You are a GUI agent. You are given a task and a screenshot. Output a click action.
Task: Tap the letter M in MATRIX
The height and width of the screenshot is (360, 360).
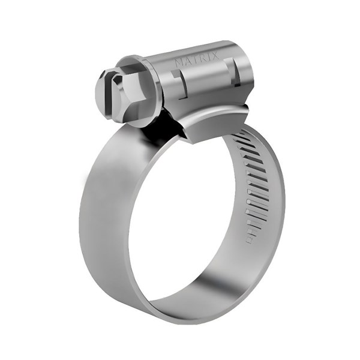click(x=178, y=62)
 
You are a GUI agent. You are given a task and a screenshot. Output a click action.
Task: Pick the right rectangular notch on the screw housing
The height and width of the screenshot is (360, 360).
click(x=235, y=72)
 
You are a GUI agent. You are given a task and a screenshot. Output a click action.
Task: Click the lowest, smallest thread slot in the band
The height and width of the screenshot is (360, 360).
click(x=250, y=238)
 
